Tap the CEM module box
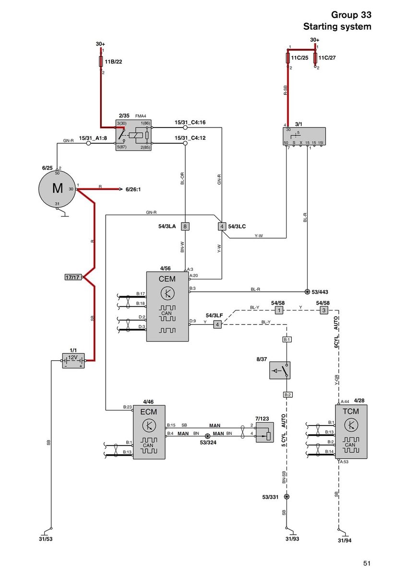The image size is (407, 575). [x=168, y=306]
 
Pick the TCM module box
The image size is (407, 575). [x=351, y=431]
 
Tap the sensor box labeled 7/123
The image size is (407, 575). [x=264, y=432]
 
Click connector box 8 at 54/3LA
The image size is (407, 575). [x=186, y=226]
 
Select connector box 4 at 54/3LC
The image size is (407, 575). [x=222, y=226]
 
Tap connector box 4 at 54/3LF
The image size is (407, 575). [x=217, y=324]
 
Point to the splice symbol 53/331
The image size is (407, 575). [x=287, y=497]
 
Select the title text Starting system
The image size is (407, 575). [x=337, y=27]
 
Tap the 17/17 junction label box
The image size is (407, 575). [x=73, y=277]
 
